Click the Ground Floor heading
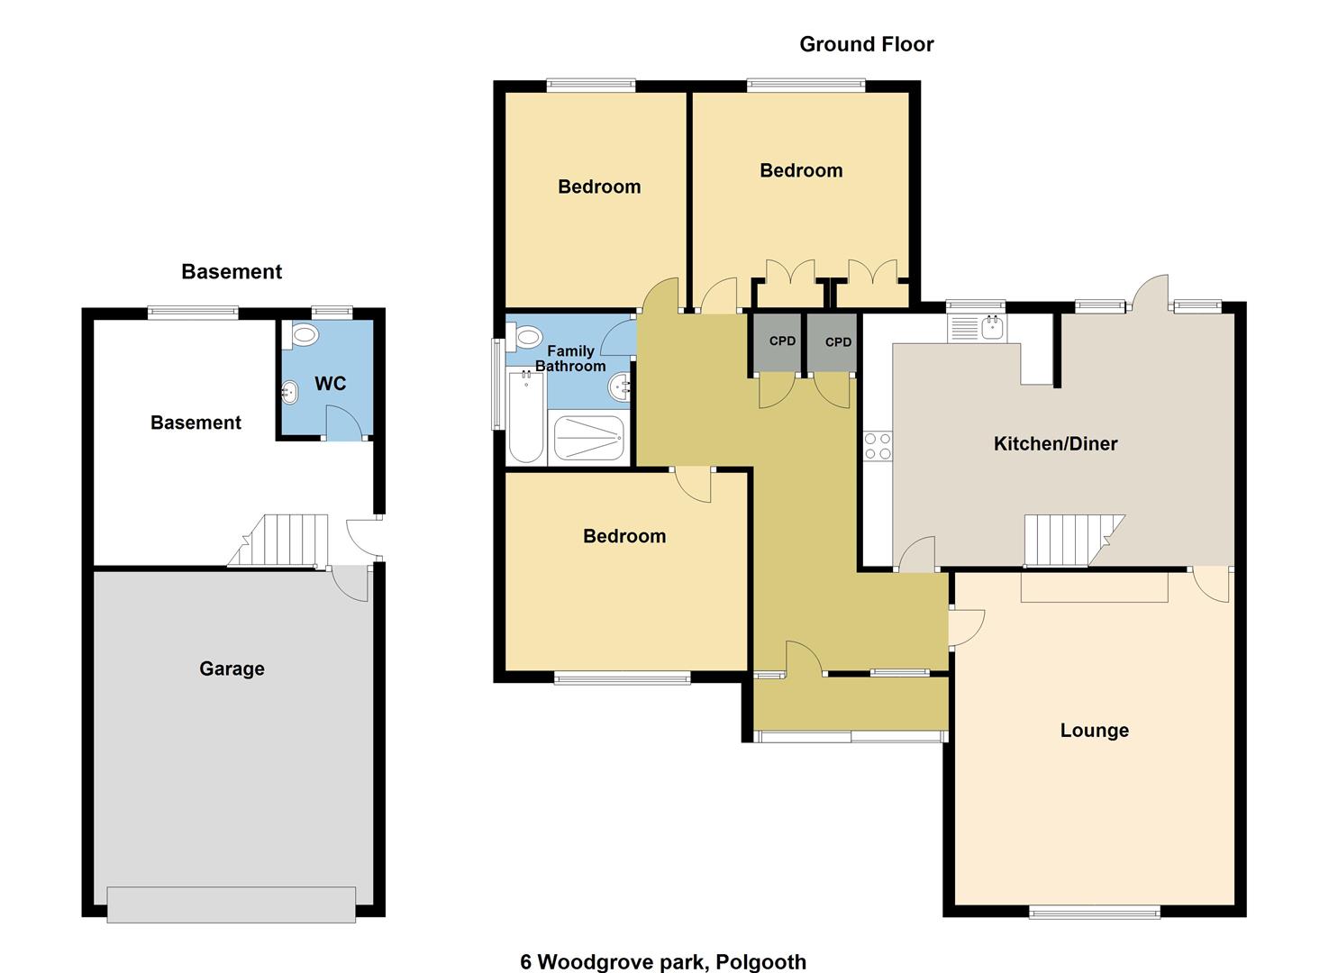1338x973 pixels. point(866,44)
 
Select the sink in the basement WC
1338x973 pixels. point(290,392)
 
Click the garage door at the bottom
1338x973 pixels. point(232,905)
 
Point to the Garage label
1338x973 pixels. point(232,669)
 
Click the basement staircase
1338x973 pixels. point(278,540)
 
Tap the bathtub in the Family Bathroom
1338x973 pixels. point(525,416)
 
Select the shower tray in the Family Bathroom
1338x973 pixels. point(589,438)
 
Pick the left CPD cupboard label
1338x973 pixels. point(782,341)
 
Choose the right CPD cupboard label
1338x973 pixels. point(838,342)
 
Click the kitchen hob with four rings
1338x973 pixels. point(878,446)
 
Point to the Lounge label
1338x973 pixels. point(1095,731)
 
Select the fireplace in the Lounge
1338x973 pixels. point(1095,587)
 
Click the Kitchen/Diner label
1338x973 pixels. point(1055,443)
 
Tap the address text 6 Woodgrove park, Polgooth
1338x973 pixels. point(663,961)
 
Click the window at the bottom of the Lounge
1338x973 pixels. point(1095,912)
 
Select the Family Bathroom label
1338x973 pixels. point(570,359)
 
